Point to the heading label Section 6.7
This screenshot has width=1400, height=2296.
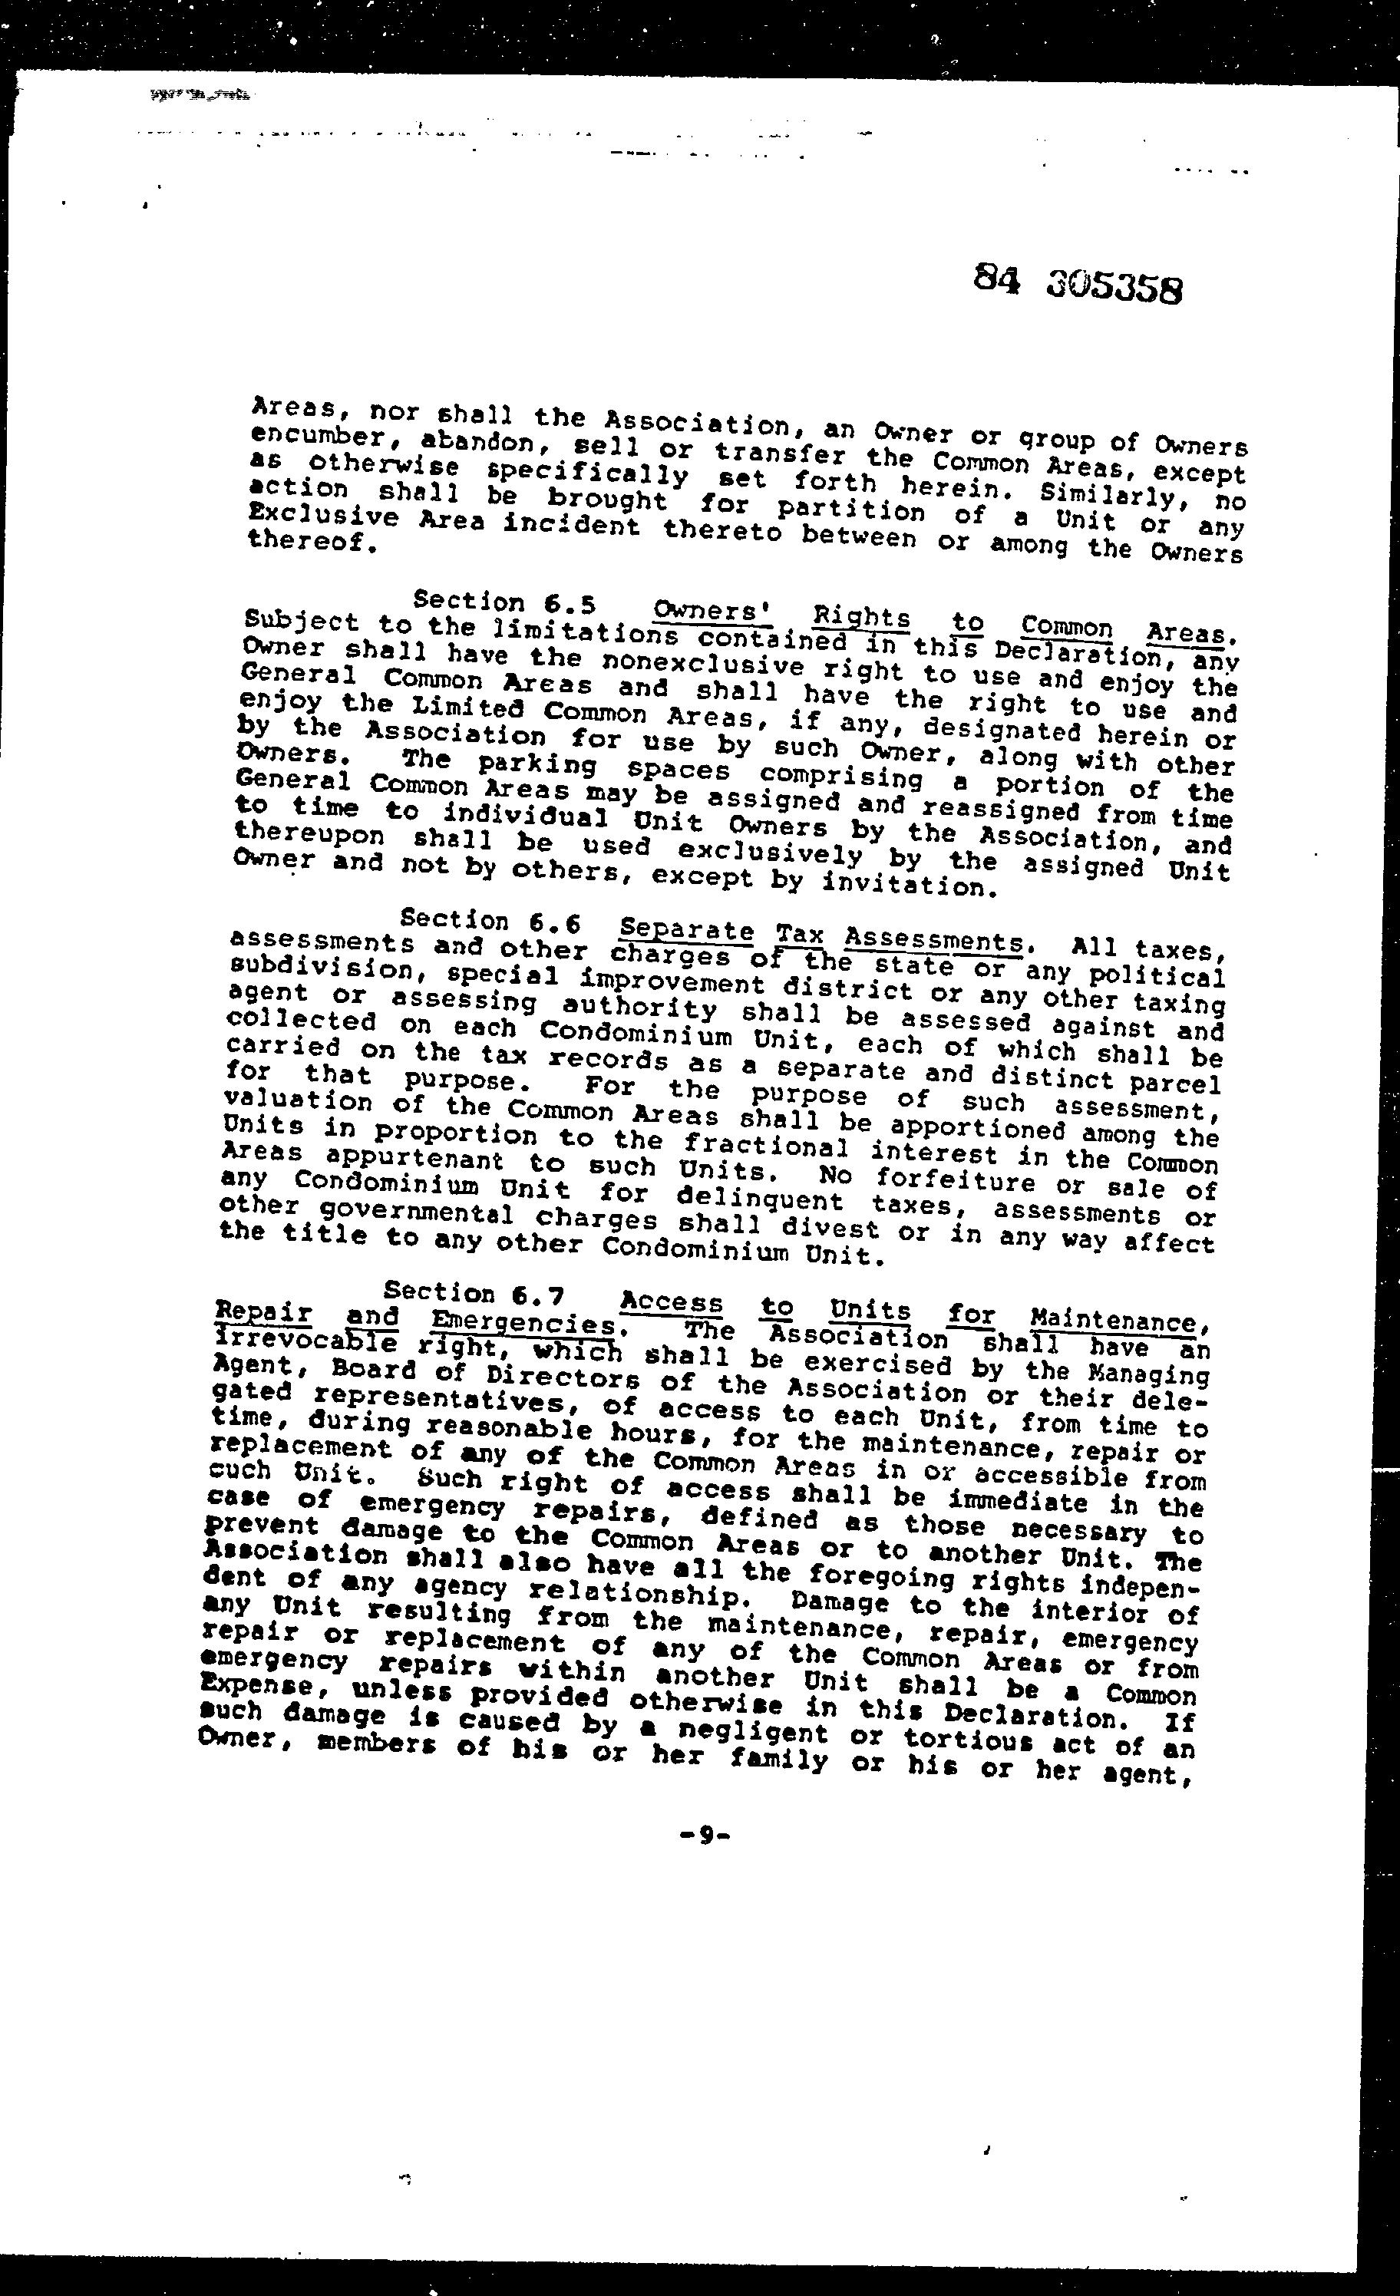474,1292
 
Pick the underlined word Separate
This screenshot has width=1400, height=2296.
687,929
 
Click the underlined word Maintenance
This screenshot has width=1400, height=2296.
1113,1321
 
